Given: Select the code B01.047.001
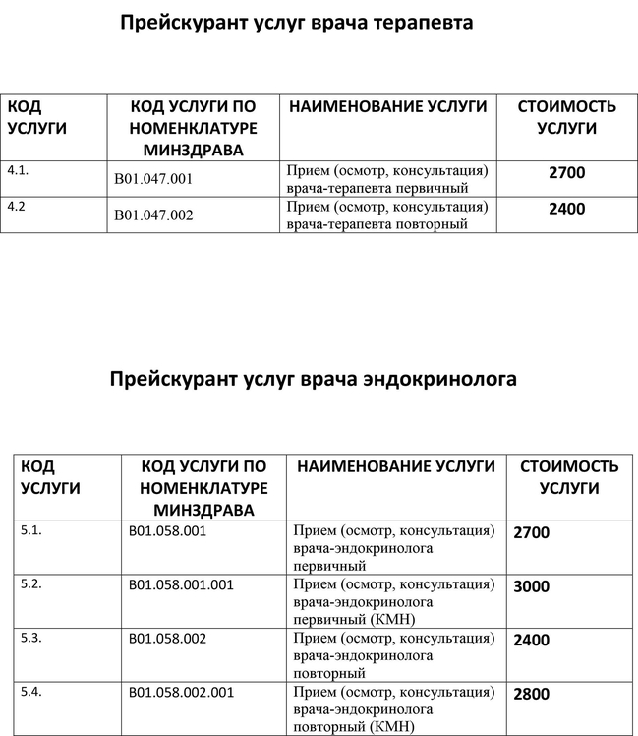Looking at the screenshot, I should (153, 179).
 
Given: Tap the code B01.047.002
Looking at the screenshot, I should (153, 215).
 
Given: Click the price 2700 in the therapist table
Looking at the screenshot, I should (566, 173).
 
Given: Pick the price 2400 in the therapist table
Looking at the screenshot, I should (566, 209).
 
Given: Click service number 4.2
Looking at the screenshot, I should (18, 207).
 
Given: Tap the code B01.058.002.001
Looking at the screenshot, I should (181, 693).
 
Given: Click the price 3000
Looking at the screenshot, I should (532, 586).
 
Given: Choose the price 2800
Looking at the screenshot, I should (532, 695).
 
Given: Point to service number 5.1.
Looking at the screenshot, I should (31, 530).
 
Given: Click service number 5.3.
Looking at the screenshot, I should (31, 639).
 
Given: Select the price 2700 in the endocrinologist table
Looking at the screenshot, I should (532, 532).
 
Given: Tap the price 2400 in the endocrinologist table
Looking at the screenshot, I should (532, 641).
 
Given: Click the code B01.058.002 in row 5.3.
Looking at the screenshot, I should (167, 639).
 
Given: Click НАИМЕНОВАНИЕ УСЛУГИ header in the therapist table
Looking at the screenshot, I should (387, 106).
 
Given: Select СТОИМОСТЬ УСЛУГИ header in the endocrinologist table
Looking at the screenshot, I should (568, 476).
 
